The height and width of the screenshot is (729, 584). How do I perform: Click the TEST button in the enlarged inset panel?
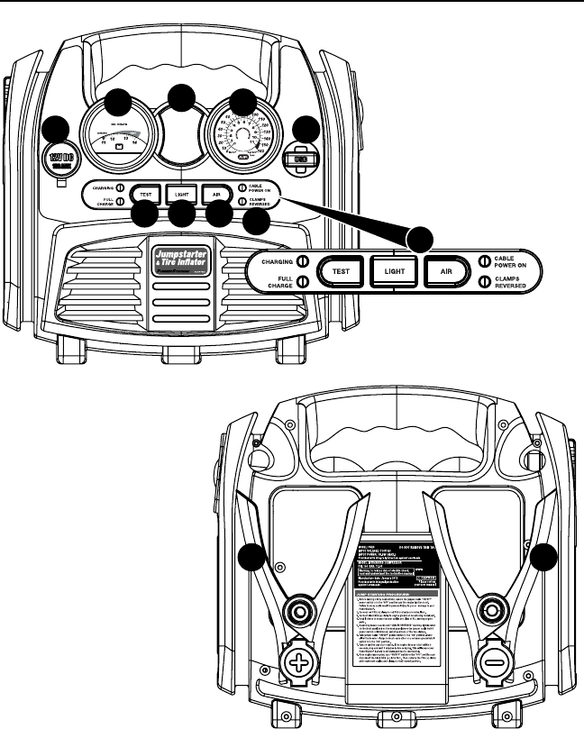(341, 269)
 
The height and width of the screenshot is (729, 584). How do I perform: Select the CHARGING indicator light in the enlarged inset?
(304, 261)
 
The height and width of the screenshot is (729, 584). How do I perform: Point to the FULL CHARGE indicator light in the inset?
(304, 281)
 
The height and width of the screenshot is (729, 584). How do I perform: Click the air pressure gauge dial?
(240, 135)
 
